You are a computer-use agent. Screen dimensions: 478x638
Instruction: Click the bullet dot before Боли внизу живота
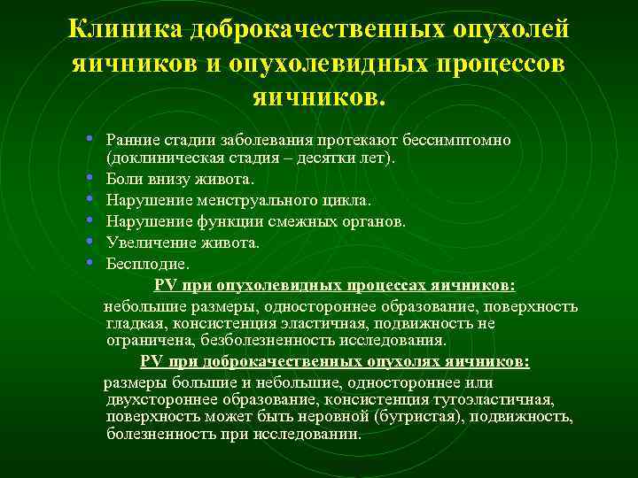pyautogui.click(x=92, y=178)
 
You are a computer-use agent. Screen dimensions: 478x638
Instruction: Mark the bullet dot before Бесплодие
pyautogui.click(x=92, y=262)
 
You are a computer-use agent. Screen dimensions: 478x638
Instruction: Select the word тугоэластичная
pyautogui.click(x=501, y=399)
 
